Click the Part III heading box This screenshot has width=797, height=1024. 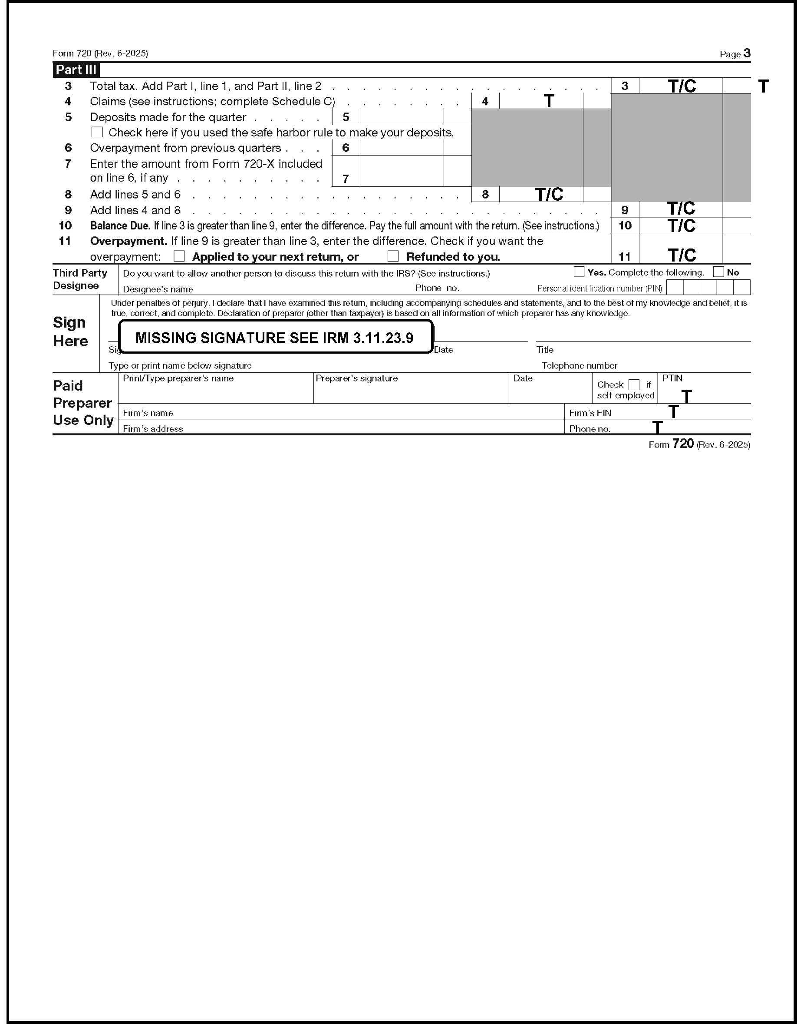pos(76,70)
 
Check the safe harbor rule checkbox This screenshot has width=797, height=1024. pos(97,132)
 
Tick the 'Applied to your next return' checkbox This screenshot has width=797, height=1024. pos(179,256)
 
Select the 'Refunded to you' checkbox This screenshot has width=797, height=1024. pos(393,256)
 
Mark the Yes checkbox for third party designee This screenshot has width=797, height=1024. pos(579,272)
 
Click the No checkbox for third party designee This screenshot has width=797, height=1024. pos(718,272)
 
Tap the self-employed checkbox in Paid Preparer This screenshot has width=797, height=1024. pos(634,384)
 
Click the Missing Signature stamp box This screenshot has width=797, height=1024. pos(276,337)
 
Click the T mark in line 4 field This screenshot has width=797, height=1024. pos(549,101)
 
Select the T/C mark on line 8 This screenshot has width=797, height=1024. pos(549,194)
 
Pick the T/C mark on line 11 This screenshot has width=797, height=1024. pos(682,255)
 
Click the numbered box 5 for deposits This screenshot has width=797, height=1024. pos(346,117)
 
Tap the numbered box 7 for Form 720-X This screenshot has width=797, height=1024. pos(346,179)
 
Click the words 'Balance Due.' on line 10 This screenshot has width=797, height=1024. pos(120,226)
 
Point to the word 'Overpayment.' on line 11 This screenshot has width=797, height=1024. pos(128,241)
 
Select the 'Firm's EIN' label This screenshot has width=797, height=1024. pos(590,413)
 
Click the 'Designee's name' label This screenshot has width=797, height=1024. pos(158,289)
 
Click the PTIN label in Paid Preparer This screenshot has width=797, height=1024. pos(672,378)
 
